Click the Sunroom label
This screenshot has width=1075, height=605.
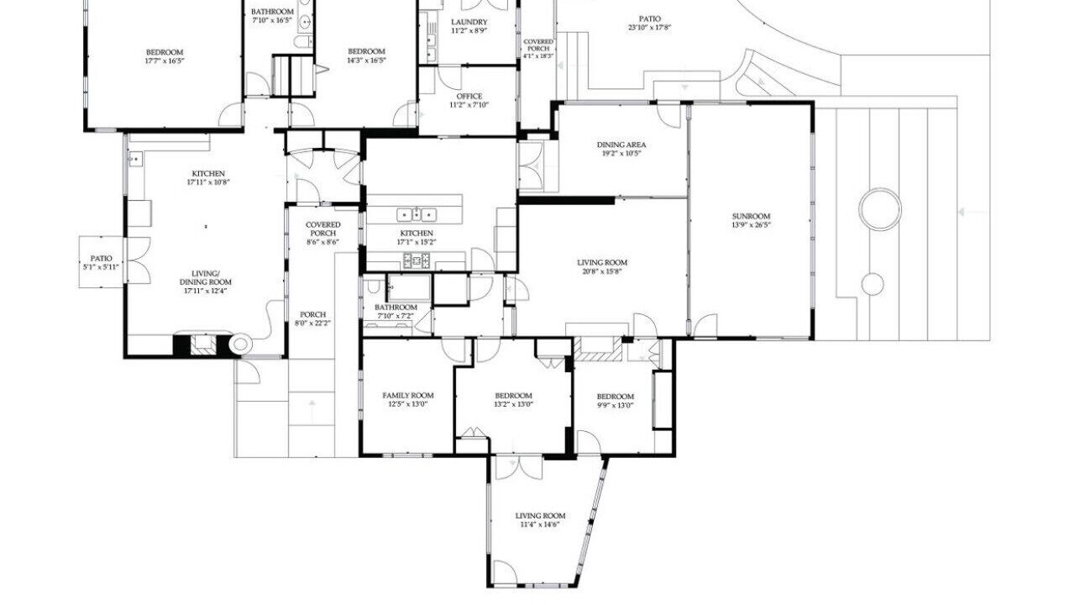[x=751, y=216]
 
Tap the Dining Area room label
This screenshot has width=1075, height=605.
[x=621, y=145]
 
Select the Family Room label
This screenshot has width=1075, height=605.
[x=408, y=396]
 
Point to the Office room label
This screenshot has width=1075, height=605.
[x=469, y=97]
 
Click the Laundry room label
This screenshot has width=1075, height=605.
[x=469, y=22]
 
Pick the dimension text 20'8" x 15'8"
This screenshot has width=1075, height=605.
[x=602, y=271]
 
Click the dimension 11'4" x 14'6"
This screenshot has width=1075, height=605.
[x=540, y=524]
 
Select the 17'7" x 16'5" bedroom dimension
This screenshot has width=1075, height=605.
[x=165, y=61]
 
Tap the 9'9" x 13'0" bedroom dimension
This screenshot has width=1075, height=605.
[x=616, y=405]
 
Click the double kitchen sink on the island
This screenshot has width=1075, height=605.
[x=417, y=214]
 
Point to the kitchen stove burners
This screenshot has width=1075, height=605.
[x=416, y=260]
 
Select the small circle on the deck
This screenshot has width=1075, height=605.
[x=873, y=284]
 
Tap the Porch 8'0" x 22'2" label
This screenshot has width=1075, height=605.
[x=313, y=318]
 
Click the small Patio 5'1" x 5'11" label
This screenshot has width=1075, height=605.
[x=102, y=263]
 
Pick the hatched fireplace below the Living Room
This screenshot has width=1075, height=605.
[x=598, y=349]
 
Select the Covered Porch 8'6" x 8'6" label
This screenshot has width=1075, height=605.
[x=323, y=233]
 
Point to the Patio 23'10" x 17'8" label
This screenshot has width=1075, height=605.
[x=650, y=23]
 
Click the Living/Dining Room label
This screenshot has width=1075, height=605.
[x=206, y=281]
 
